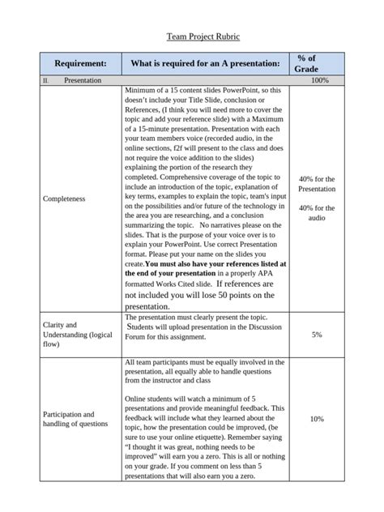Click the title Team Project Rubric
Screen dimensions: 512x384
click(192, 36)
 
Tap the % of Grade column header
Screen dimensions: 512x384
click(305, 63)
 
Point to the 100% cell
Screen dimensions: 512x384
click(318, 81)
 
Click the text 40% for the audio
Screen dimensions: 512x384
click(317, 212)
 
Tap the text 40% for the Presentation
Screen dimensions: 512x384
click(317, 183)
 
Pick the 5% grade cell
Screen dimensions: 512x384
click(317, 334)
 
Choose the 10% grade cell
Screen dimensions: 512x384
click(317, 419)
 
